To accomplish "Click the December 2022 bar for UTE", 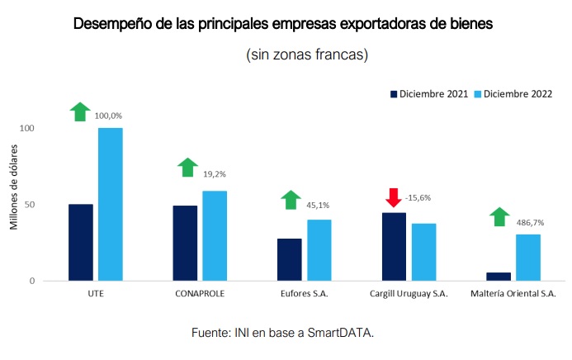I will coord(110,204).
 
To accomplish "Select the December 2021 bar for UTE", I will coord(81,242).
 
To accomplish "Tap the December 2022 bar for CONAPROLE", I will coord(215,235).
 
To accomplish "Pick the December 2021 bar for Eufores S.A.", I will coord(290,259).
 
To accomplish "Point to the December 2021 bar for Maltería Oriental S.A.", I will coord(499,277).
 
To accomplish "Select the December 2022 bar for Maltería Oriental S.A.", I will coord(529,258).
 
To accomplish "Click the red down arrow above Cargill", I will coord(393,198).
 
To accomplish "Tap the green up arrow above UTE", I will coord(80,111).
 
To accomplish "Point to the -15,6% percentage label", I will coord(418,198).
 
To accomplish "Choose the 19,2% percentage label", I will coord(214,174).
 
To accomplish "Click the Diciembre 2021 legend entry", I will coord(430,92).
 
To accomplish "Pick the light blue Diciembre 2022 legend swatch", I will coord(476,92).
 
